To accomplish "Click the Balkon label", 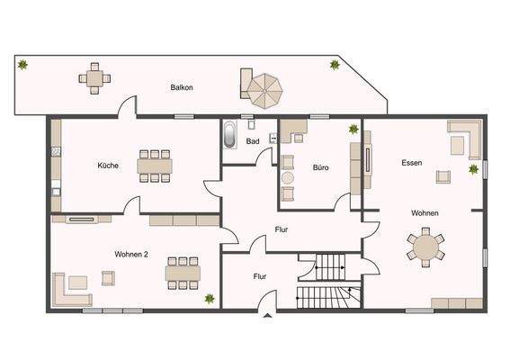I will pos(183,87).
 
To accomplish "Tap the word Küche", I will pos(109,166).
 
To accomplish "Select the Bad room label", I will pos(253,141).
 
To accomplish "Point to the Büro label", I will pos(320,166).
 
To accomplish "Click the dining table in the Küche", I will pos(156,166).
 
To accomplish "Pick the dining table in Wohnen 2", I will pos(183,270).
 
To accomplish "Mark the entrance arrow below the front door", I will pos(267,316).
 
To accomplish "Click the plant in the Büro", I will pos(353,129).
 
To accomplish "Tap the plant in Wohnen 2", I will pos(210,297).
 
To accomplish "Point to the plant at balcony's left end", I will pos(22,65).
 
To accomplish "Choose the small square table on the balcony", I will pos(95,78).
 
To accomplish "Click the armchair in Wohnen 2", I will pos(108,278).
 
